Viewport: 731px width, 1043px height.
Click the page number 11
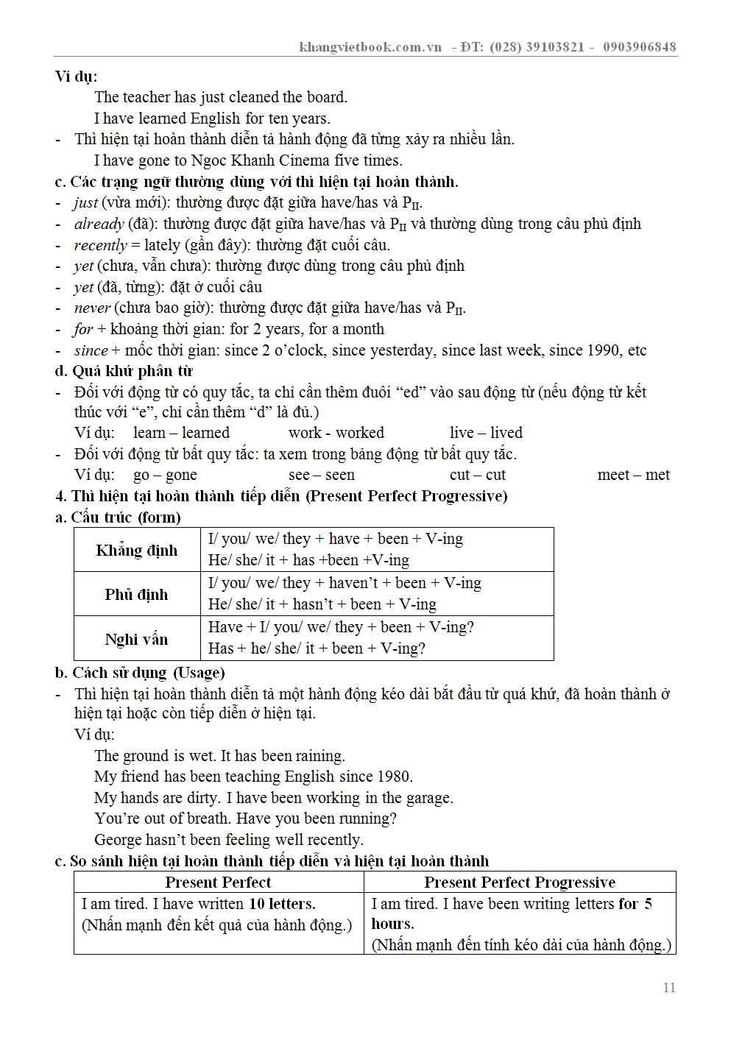(x=669, y=988)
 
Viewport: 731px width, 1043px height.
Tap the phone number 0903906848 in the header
(x=639, y=47)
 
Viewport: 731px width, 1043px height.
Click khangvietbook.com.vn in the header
(x=370, y=47)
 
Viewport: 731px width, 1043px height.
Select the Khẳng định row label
(x=137, y=550)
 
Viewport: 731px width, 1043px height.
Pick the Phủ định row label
(x=136, y=594)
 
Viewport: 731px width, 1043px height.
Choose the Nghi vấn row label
(x=136, y=639)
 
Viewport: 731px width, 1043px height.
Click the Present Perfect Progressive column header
(x=520, y=882)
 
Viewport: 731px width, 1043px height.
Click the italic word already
(x=99, y=224)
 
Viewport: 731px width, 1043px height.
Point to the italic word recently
(x=100, y=245)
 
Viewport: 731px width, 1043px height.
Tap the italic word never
(x=92, y=308)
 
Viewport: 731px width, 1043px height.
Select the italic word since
(x=91, y=350)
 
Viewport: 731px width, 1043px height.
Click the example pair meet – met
(x=633, y=475)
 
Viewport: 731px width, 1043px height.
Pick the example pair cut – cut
(x=478, y=475)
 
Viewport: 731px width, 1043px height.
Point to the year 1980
(x=394, y=777)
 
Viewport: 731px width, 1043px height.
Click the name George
(x=118, y=840)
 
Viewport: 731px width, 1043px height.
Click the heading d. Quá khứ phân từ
(x=124, y=371)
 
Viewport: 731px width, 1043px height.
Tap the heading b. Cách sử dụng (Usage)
(x=140, y=673)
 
